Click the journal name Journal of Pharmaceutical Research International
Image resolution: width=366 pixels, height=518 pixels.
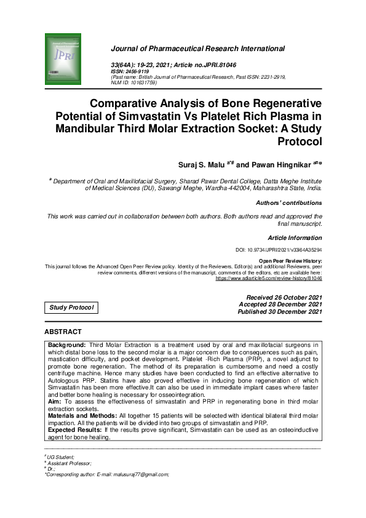click(197, 48)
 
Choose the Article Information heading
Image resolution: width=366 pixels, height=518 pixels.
click(295, 237)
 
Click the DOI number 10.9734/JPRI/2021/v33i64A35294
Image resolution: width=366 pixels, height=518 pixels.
click(287, 250)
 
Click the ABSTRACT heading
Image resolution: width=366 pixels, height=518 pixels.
click(65, 332)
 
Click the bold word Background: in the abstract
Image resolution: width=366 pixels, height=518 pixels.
click(67, 345)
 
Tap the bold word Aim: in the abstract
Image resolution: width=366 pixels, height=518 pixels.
click(55, 400)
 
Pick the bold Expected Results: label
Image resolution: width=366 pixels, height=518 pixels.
click(75, 428)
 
